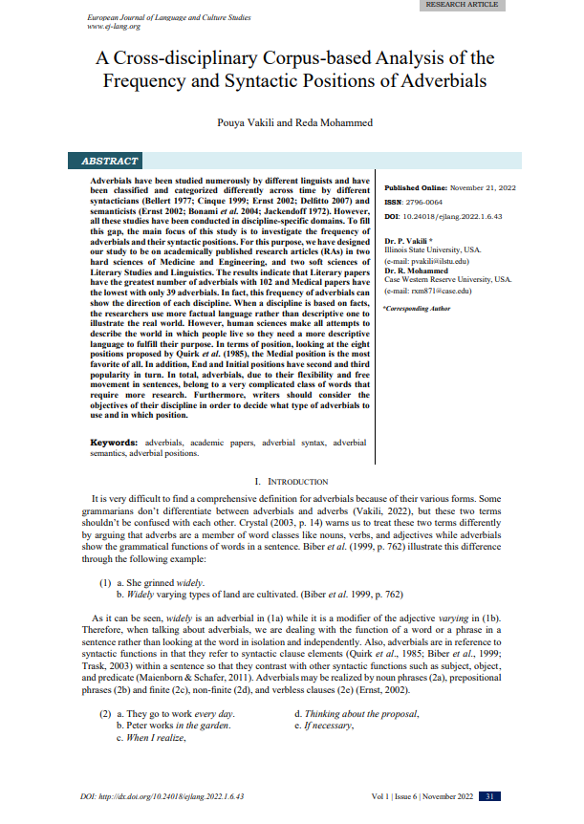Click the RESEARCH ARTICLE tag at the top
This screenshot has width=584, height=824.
(461, 5)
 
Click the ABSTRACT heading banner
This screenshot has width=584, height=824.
(111, 162)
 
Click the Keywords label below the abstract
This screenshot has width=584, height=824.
(115, 444)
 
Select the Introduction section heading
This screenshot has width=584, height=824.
(292, 481)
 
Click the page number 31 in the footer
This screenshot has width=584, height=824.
(488, 797)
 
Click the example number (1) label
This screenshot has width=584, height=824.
(107, 582)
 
